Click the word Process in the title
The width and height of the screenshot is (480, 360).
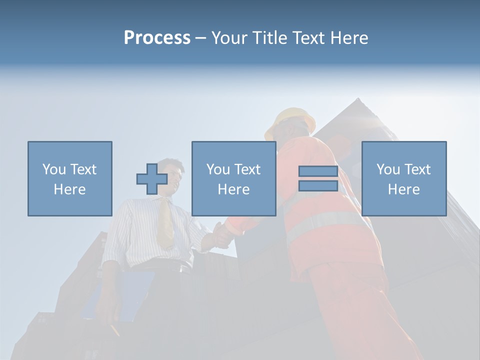(x=157, y=38)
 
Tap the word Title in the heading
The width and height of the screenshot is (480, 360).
(x=269, y=38)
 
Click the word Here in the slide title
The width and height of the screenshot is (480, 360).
(x=349, y=38)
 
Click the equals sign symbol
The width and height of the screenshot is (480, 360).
(x=318, y=178)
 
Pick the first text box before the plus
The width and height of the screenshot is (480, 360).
(x=70, y=178)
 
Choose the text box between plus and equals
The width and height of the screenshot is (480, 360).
(x=233, y=178)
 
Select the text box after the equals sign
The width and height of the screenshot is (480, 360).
(x=404, y=178)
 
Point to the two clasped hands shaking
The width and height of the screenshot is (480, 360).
(x=220, y=235)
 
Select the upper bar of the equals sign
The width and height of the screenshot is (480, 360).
(x=318, y=171)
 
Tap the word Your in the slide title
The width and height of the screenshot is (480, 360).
(x=228, y=38)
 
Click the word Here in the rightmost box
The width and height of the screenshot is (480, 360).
(x=404, y=189)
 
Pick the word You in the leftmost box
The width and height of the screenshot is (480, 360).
(x=53, y=169)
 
